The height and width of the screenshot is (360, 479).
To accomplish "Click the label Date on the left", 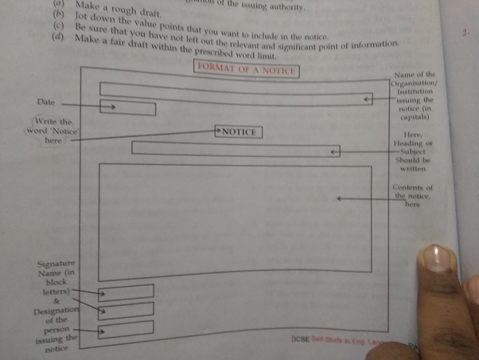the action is point(45,103).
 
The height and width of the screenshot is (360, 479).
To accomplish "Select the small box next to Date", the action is point(127,108).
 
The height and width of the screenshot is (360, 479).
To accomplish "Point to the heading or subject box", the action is point(236,149).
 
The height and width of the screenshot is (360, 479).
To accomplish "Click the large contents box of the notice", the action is point(235,218).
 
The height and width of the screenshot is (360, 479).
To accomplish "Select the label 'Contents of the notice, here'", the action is point(412,195).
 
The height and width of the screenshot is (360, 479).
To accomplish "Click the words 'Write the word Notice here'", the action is point(53,131).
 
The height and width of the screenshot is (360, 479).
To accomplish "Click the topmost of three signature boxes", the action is point(126,292).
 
